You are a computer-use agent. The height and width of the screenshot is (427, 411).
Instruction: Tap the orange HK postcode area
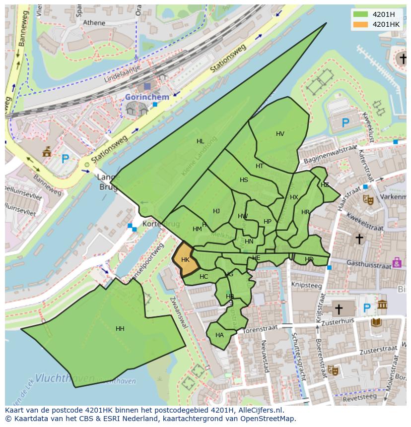coord(185,259)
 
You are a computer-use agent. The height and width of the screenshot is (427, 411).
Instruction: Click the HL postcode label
coord(200,141)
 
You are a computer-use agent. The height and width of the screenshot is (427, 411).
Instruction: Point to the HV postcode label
coord(280,134)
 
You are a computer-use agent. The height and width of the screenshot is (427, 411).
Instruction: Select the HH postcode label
coord(120,329)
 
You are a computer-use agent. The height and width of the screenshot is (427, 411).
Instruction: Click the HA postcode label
coord(219,335)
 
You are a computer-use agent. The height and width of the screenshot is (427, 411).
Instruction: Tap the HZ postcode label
coord(325,185)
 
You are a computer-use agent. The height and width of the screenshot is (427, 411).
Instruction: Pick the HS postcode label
coord(244,180)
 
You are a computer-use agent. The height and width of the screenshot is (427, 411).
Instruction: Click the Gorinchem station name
coord(147,97)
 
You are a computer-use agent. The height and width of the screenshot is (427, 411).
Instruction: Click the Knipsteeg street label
coord(306,286)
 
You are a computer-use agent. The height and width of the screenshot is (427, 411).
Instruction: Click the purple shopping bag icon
coord(397,262)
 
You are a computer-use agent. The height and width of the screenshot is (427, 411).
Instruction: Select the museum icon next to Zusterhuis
coord(382,304)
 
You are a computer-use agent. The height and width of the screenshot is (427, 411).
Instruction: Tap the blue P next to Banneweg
coord(65,159)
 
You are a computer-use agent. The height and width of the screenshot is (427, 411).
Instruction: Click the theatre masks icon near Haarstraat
coord(368,199)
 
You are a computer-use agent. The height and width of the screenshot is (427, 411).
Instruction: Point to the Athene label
coord(94,23)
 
